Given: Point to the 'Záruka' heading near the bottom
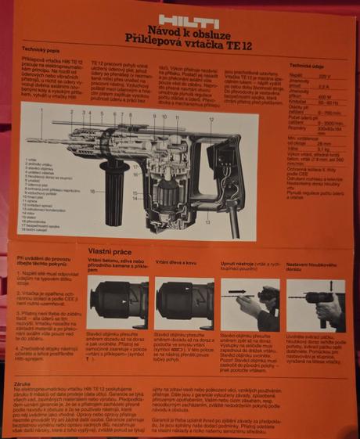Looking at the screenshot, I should click(24, 384).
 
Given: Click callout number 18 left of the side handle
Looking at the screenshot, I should click(92, 190).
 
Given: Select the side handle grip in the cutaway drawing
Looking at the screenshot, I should click(118, 188).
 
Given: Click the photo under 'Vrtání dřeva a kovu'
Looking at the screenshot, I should click(184, 303).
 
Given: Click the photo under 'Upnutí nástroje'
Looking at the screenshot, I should click(250, 303).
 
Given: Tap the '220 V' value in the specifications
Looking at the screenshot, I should click(336, 77).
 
